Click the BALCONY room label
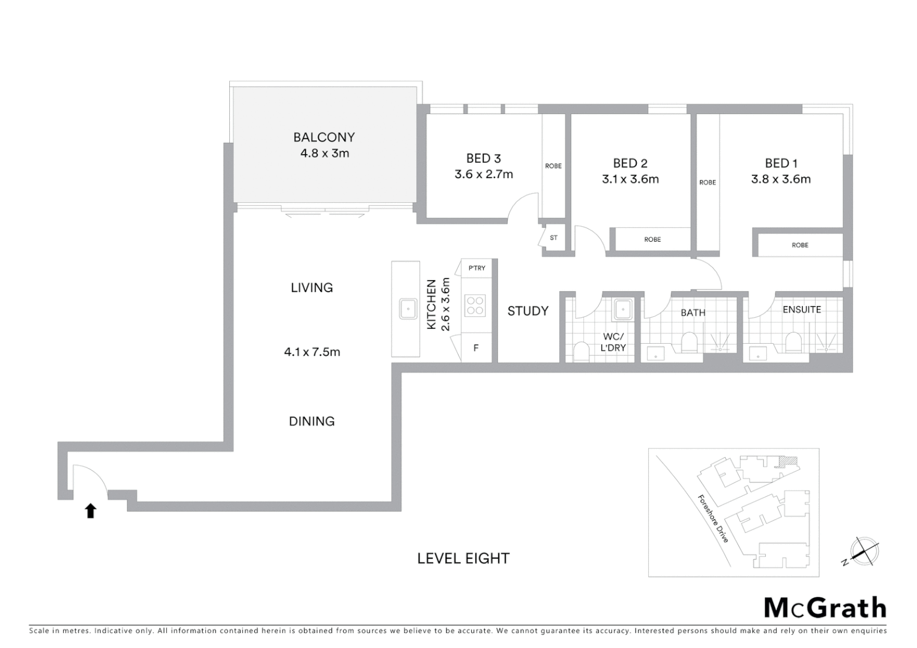[x=324, y=137]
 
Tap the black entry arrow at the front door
[x=91, y=511]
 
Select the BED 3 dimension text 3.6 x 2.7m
[x=484, y=175]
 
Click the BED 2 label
[x=630, y=163]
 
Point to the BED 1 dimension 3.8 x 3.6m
[x=781, y=179]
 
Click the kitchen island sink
[x=409, y=310]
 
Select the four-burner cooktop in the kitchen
[x=475, y=305]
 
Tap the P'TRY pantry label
[x=477, y=268]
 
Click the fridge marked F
[x=476, y=348]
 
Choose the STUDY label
[x=528, y=311]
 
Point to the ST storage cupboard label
[x=553, y=238]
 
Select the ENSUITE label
[x=802, y=310]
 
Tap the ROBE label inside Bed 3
[x=553, y=166]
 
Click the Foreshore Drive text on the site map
[x=713, y=518]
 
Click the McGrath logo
[x=825, y=608]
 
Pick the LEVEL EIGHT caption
[x=463, y=559]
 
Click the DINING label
[x=311, y=421]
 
